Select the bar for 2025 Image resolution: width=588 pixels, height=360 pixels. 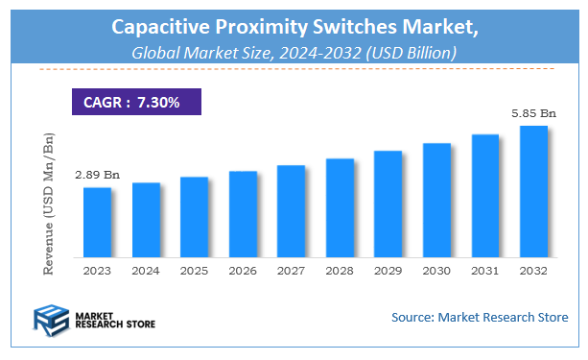[x=194, y=217]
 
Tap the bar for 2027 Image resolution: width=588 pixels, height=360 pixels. [x=291, y=211]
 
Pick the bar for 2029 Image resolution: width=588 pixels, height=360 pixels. [x=388, y=204]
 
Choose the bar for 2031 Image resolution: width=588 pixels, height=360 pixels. [x=484, y=196]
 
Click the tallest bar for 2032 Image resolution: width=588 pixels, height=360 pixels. [x=532, y=191]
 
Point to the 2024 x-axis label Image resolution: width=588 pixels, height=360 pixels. [x=146, y=272]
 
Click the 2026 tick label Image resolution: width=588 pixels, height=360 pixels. [x=243, y=272]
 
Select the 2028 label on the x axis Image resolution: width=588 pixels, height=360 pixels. [x=340, y=272]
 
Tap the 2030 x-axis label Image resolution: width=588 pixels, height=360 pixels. [x=436, y=272]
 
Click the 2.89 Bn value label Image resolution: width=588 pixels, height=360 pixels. [x=97, y=175]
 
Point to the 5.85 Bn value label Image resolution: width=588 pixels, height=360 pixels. [x=532, y=113]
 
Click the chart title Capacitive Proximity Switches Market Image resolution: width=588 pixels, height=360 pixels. [x=294, y=29]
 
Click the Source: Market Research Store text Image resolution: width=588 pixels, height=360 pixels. [x=480, y=316]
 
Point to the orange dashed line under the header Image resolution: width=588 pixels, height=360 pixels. [x=294, y=69]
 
